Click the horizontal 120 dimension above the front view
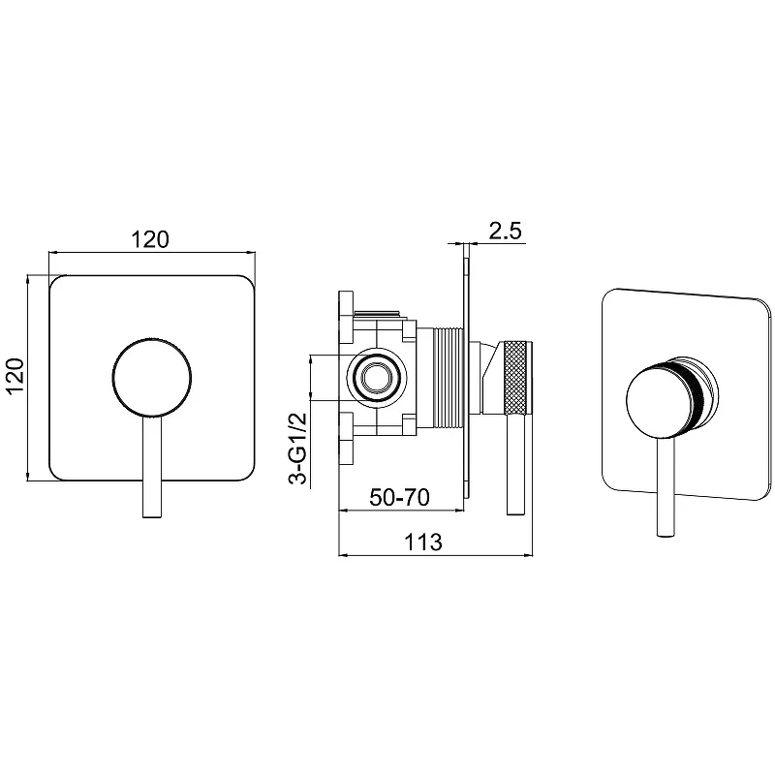coord(150,239)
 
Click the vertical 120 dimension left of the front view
coord(15,376)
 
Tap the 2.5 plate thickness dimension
coord(505,231)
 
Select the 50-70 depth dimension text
coord(400,497)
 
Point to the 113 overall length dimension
coord(423,542)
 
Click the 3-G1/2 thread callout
coord(297,449)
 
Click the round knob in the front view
coord(152,378)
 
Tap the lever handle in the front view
coord(152,467)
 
